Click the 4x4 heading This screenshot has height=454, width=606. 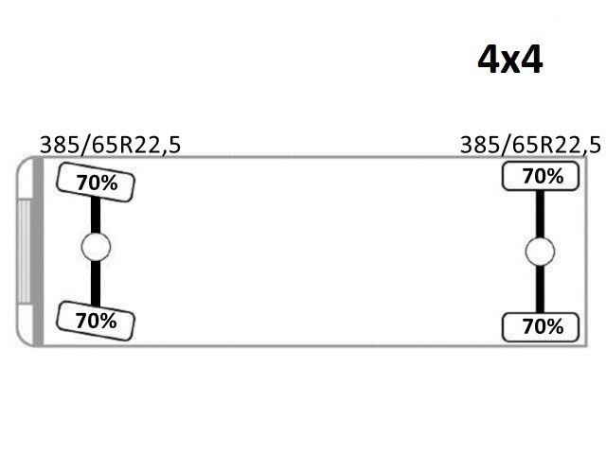click(x=510, y=60)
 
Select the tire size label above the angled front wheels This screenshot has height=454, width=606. click(x=110, y=145)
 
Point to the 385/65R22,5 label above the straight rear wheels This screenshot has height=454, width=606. click(x=530, y=145)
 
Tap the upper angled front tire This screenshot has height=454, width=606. click(x=96, y=183)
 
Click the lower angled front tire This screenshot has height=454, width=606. click(x=96, y=321)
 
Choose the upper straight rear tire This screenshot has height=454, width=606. click(x=541, y=176)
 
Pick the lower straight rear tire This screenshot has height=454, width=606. click(x=541, y=327)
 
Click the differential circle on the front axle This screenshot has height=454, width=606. click(x=96, y=247)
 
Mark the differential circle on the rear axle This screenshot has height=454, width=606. click(x=540, y=252)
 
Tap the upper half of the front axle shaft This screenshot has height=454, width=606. click(x=96, y=215)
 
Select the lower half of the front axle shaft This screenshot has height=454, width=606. click(x=96, y=283)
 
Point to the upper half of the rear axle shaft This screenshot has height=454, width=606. click(x=540, y=214)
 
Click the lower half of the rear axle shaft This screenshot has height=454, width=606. click(x=540, y=289)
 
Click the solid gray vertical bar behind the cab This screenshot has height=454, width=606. click(x=38, y=252)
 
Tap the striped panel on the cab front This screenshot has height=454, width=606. click(x=25, y=252)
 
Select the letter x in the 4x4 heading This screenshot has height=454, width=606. click(x=510, y=63)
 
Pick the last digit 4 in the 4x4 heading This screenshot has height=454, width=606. click(x=532, y=60)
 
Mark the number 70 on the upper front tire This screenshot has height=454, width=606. click(x=86, y=183)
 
